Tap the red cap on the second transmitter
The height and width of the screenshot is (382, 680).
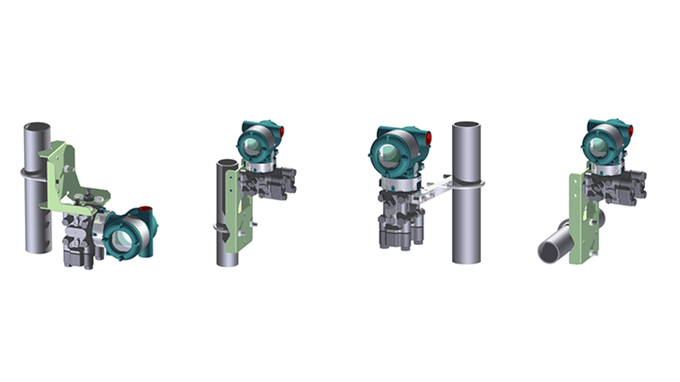[x=281, y=132]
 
